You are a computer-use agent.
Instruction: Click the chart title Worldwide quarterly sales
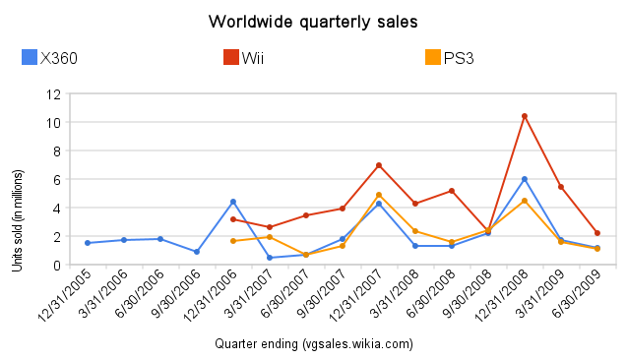313,21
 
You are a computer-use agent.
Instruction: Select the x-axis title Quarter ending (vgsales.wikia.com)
313,344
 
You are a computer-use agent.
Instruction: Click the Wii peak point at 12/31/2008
525,116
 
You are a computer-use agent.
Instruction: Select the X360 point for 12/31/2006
232,202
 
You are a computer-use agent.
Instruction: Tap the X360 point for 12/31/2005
87,243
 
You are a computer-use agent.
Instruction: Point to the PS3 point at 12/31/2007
379,195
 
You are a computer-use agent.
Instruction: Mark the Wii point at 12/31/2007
379,165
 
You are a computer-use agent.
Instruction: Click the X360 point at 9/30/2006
197,252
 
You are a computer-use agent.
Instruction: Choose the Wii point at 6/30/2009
597,233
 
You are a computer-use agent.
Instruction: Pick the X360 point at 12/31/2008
525,179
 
